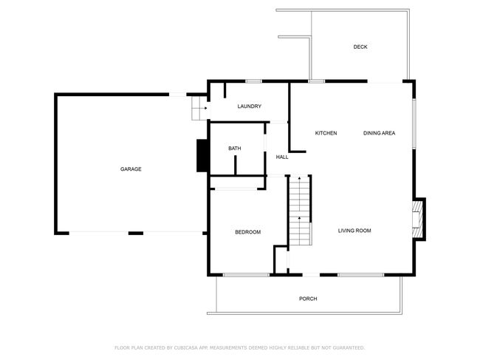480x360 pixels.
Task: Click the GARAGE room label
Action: pos(131,169)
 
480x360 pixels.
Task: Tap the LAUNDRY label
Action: pos(249,106)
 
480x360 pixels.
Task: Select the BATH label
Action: pos(235,149)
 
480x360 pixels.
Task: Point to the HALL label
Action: pos(282,157)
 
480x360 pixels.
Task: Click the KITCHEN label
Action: pos(326,133)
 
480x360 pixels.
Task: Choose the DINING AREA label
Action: pos(379,133)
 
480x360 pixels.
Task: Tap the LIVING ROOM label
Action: pos(354,231)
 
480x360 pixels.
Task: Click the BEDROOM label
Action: pos(247,232)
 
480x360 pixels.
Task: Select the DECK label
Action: pos(360,47)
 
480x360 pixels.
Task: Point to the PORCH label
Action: pos(308,299)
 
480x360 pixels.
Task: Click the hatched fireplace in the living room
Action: pos(417,219)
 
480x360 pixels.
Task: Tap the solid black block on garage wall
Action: pos(202,156)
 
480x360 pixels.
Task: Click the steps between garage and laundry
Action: pos(199,108)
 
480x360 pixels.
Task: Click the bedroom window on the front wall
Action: pos(246,275)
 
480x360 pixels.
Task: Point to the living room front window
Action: pos(361,275)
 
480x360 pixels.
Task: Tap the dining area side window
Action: pos(414,123)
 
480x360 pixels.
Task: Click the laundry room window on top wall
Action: pos(254,81)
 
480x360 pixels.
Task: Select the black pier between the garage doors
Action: pos(136,234)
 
